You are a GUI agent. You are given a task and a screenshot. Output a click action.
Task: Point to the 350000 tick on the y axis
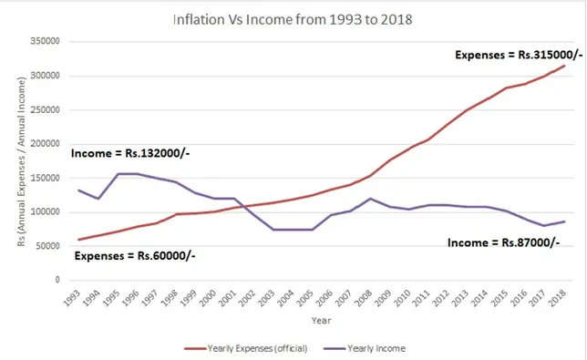pyautogui.click(x=45, y=42)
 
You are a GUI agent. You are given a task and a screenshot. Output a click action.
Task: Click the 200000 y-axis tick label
pyautogui.click(x=45, y=144)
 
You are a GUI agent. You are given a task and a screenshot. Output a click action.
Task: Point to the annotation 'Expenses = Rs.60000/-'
pyautogui.click(x=135, y=256)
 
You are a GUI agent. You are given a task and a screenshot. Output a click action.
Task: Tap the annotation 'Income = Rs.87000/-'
pyautogui.click(x=502, y=242)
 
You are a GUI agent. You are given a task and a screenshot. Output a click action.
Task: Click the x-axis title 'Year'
pyautogui.click(x=319, y=320)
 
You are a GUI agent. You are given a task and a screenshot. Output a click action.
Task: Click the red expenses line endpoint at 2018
pyautogui.click(x=565, y=66)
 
